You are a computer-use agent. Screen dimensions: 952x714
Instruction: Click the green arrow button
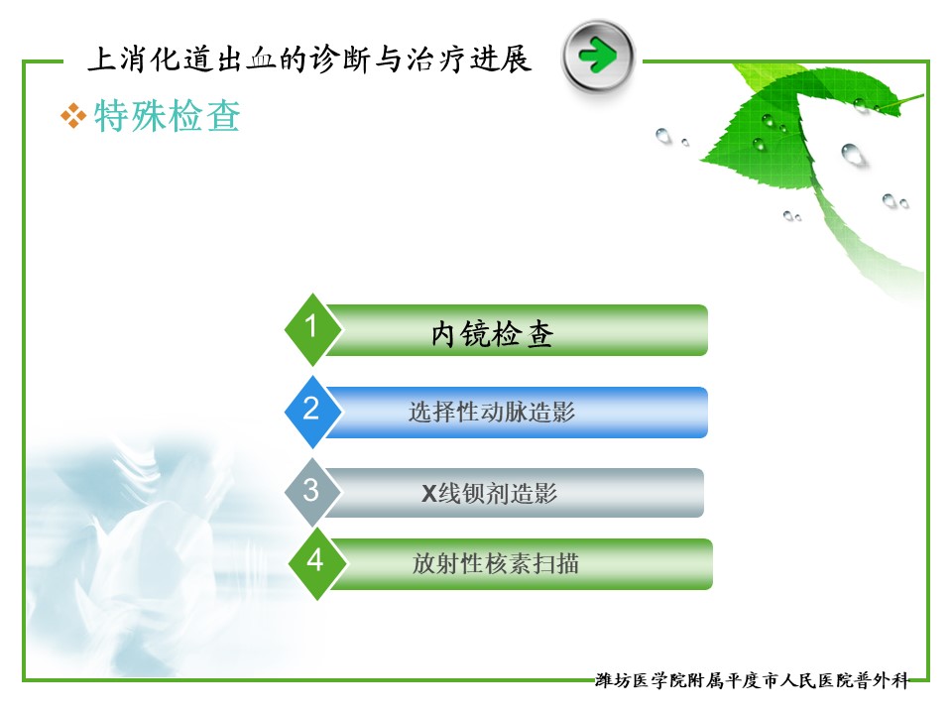click(598, 56)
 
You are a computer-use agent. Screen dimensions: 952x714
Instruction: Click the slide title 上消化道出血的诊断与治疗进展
click(309, 59)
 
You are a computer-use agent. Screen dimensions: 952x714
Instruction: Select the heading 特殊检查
click(168, 115)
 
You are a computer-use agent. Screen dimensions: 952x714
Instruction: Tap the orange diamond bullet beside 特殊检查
click(72, 116)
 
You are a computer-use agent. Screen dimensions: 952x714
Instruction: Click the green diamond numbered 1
click(312, 329)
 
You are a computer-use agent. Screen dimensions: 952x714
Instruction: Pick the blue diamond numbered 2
click(312, 412)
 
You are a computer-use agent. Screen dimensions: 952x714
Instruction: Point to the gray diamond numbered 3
click(312, 493)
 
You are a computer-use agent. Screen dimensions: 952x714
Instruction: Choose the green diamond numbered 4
click(315, 563)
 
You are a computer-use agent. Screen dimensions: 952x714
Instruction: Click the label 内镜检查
click(492, 334)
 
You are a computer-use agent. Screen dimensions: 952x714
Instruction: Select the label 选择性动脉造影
click(492, 413)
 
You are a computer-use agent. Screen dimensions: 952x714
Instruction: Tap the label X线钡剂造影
click(489, 493)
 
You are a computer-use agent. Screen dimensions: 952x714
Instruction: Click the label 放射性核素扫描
click(496, 563)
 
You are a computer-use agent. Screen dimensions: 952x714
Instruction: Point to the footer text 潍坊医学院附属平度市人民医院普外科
click(752, 680)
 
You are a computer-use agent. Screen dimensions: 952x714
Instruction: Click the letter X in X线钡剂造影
click(429, 494)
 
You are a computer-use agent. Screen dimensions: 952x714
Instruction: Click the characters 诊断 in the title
click(340, 59)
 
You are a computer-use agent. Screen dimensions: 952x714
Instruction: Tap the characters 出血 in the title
click(246, 59)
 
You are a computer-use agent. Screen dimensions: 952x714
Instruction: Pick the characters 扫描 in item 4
click(555, 563)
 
